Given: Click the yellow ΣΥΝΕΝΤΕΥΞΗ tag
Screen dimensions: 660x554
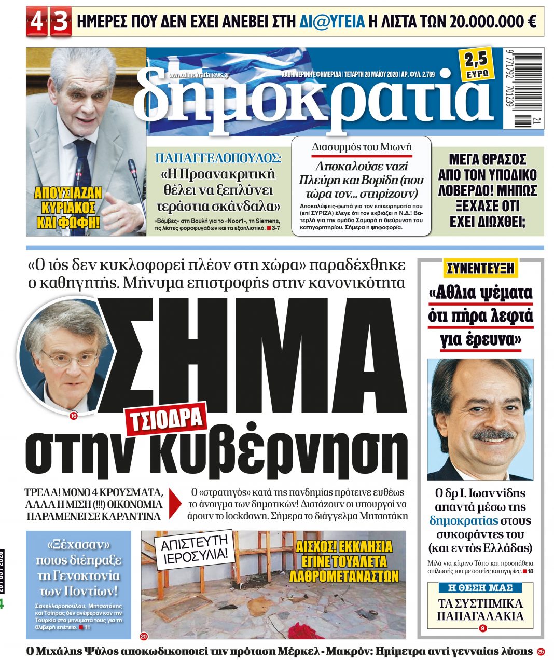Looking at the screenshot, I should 480,268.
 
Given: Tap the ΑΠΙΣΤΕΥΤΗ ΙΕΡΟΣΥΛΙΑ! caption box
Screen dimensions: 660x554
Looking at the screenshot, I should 194,551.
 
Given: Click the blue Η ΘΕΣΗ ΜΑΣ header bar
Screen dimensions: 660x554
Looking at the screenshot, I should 480,588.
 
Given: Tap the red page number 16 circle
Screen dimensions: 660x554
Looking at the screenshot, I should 73,415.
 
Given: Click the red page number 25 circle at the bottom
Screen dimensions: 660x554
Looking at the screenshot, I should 541,651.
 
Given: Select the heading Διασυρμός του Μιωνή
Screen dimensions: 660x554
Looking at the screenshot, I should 362,147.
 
